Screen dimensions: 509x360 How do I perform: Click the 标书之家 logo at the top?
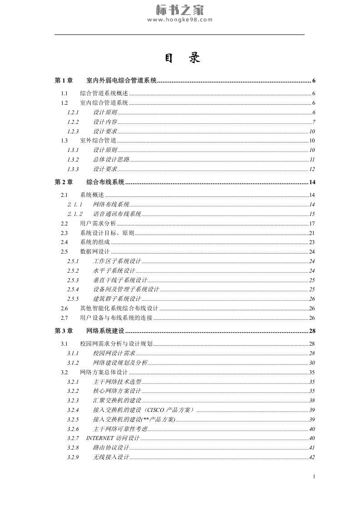[x=180, y=10]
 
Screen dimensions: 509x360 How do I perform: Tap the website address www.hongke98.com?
[x=180, y=20]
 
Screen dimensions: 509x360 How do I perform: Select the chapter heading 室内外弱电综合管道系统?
[x=121, y=81]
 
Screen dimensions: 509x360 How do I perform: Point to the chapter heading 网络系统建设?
[x=105, y=331]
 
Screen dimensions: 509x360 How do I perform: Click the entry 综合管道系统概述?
[x=104, y=93]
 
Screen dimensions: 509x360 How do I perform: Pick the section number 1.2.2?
[x=73, y=122]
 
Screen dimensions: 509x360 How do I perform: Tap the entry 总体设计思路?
[x=111, y=160]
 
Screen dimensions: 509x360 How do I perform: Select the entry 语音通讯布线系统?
[x=117, y=214]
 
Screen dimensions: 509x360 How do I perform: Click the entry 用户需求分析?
[x=98, y=224]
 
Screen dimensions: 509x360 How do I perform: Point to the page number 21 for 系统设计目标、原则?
[x=312, y=233]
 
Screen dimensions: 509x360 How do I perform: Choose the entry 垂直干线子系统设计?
[x=120, y=280]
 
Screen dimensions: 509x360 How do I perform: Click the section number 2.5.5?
[x=73, y=299]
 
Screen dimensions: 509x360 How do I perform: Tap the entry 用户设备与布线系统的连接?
[x=116, y=318]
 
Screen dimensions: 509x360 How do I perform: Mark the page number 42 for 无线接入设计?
[x=312, y=457]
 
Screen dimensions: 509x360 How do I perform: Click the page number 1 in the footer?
[x=314, y=476]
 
